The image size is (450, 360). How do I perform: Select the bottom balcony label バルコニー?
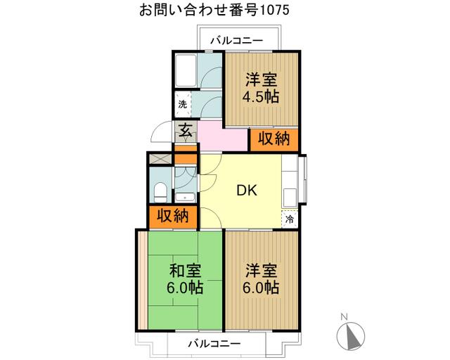coord(214,344)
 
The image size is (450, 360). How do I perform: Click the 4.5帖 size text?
coord(261,96)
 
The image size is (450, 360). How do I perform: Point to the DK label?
coord(246,190)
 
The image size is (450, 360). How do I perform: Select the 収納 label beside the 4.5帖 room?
coord(273,139)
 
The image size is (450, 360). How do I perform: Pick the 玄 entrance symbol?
coord(185,130)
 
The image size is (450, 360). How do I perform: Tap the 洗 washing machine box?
coord(183,105)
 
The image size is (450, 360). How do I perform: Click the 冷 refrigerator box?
coord(290,219)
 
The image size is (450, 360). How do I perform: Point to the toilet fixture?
coord(160,190)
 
